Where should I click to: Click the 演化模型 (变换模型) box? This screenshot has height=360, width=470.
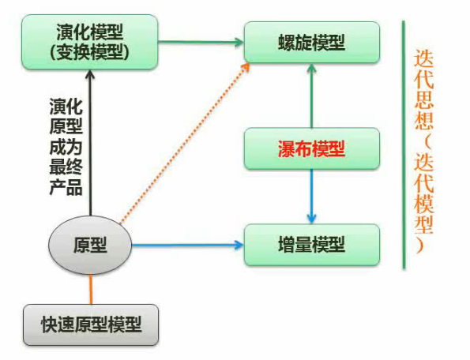[89, 42]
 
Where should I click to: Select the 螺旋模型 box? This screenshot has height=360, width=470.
[312, 42]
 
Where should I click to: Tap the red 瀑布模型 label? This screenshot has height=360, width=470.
[312, 149]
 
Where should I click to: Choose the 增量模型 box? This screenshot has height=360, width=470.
[312, 245]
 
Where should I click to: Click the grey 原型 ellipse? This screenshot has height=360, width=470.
[90, 245]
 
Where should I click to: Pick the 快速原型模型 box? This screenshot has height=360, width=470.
[91, 325]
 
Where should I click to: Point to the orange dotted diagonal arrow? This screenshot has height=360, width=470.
[185, 143]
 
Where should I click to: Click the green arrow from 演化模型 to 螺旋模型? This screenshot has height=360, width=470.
[201, 42]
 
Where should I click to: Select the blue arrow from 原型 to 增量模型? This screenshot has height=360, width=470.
[188, 245]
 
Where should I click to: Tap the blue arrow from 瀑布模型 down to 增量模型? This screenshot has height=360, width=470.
[312, 197]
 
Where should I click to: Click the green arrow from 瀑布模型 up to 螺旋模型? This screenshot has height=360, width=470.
[312, 96]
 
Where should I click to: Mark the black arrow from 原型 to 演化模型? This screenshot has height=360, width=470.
[90, 143]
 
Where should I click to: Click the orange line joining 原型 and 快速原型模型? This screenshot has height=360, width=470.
[91, 289]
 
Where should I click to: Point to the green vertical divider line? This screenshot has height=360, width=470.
[404, 145]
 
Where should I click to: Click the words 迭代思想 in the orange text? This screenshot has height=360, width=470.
[423, 89]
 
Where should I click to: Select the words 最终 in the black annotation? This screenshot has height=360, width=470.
[66, 167]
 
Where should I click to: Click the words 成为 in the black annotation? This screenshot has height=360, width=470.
[66, 147]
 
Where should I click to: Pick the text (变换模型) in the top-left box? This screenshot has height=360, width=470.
[89, 52]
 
